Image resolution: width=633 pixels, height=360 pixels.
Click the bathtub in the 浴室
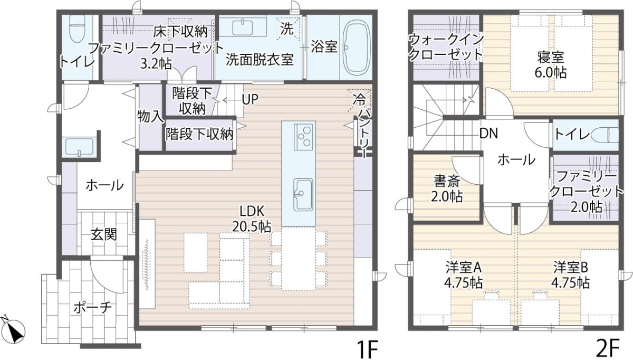pos(357,48)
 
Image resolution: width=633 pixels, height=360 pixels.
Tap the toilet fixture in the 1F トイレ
pos(76,29)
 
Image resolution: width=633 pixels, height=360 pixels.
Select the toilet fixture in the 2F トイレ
pos(606,135)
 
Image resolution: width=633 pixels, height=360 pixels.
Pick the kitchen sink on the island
pos(303,195)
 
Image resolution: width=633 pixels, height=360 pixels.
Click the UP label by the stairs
pos(250,100)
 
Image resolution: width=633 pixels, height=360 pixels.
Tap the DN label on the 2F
pos(488,133)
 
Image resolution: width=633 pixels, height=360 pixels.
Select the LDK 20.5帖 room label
pos(252,219)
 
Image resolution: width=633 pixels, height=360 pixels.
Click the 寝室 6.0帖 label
pos(550,65)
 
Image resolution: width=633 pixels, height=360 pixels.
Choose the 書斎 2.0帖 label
pos(446,189)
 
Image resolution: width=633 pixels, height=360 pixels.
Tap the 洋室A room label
pos(464,274)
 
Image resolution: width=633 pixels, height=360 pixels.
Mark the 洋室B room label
pos(571,274)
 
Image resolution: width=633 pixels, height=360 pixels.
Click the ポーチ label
pos(93,308)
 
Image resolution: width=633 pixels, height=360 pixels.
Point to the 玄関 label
pos(104,234)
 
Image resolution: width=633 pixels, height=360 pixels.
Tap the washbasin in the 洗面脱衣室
pos(242,27)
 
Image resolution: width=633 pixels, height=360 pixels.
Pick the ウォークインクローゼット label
pos(446,47)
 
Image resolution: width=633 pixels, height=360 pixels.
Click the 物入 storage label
pos(151,116)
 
